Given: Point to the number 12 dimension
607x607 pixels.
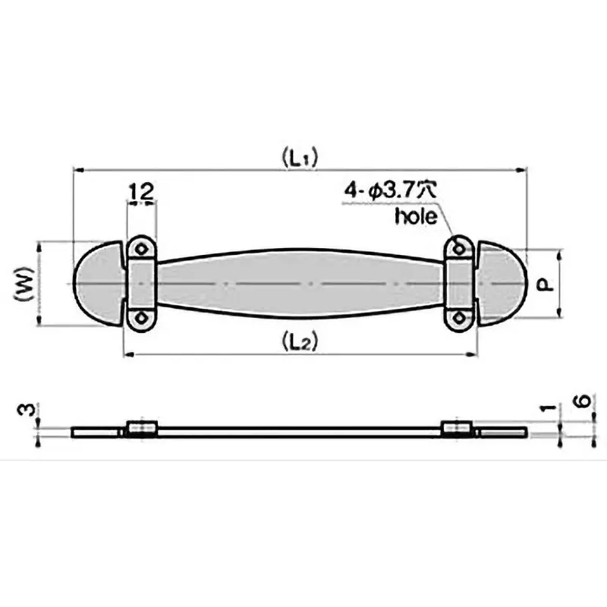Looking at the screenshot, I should click(x=141, y=192).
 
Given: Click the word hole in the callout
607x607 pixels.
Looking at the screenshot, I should click(x=417, y=216).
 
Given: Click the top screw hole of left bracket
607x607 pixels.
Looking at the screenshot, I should click(x=140, y=247).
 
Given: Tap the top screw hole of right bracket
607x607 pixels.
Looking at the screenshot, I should click(x=458, y=247).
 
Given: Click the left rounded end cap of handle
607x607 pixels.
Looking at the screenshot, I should click(x=97, y=283).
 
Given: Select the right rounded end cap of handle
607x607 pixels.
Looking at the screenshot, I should click(x=502, y=283).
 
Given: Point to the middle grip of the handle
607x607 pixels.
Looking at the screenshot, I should click(x=300, y=283).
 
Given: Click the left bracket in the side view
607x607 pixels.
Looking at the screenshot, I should click(x=140, y=429).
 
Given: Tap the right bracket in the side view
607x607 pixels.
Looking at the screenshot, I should click(x=458, y=429).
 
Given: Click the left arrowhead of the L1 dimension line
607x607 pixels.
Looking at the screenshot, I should click(x=77, y=171).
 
